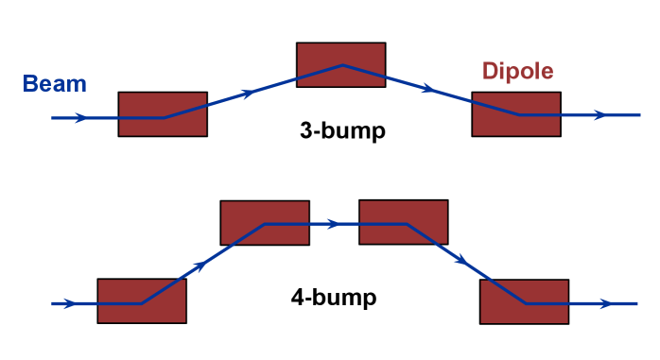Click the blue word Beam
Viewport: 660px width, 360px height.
tap(55, 84)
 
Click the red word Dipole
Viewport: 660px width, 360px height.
tap(517, 72)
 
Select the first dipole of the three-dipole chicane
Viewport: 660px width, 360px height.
tap(163, 114)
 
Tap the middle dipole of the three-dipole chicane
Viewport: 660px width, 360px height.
tap(341, 64)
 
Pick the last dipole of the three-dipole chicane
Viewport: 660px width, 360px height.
tap(516, 114)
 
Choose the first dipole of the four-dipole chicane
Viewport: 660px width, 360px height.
tap(142, 300)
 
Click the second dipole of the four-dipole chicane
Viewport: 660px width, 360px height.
tap(265, 223)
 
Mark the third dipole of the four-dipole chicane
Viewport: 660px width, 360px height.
tap(404, 222)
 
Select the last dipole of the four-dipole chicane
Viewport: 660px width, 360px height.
tap(524, 301)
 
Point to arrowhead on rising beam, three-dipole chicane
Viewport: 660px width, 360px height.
tap(249, 93)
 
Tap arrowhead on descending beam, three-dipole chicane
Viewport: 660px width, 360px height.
tap(429, 90)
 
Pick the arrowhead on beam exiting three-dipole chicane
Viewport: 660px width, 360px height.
tap(599, 115)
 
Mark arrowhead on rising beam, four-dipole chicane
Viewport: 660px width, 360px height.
tap(199, 266)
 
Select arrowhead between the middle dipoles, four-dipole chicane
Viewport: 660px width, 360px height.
tap(334, 224)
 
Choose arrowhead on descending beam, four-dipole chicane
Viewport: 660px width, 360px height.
tap(460, 259)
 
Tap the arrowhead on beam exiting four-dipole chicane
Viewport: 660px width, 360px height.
tap(606, 303)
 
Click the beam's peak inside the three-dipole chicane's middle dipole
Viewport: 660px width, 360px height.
tap(343, 65)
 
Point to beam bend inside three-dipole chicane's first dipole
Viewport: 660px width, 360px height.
tap(165, 118)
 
